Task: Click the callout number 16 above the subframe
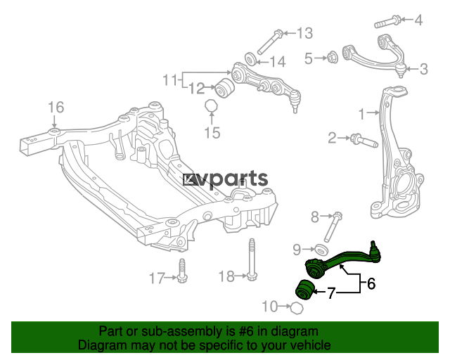(x=56, y=108)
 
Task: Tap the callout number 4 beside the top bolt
(x=418, y=20)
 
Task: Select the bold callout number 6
(x=371, y=284)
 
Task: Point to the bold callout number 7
(x=331, y=293)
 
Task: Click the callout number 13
(x=304, y=33)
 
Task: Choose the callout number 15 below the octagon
(x=212, y=133)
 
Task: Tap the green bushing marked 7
(x=305, y=290)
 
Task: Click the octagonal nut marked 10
(x=297, y=309)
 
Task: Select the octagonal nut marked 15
(x=211, y=106)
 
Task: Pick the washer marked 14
(x=251, y=58)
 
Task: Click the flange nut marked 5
(x=333, y=58)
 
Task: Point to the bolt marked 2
(x=364, y=141)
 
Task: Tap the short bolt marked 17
(x=181, y=271)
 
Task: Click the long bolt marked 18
(x=252, y=259)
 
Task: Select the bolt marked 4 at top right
(x=387, y=22)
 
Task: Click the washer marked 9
(x=321, y=249)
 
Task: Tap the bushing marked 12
(x=225, y=88)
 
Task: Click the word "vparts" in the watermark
(x=231, y=180)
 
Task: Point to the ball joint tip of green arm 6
(x=373, y=244)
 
